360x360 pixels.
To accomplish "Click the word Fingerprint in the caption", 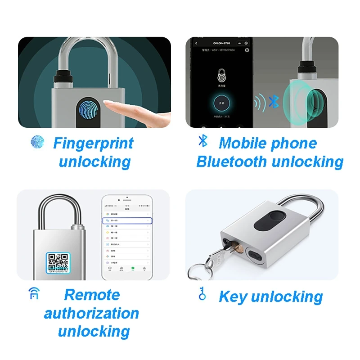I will [x=93, y=144].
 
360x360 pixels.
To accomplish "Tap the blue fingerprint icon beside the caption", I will [x=37, y=142].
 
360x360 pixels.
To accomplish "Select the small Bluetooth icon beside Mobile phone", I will [x=203, y=141].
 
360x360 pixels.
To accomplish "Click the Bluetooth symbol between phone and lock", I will [x=274, y=101].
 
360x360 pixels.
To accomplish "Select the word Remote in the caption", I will [x=92, y=295].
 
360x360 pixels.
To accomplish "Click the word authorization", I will [x=91, y=313].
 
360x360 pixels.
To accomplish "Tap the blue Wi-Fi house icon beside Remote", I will [x=33, y=293].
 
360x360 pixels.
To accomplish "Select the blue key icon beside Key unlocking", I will [x=202, y=295].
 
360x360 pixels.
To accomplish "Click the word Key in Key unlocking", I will [x=233, y=297].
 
